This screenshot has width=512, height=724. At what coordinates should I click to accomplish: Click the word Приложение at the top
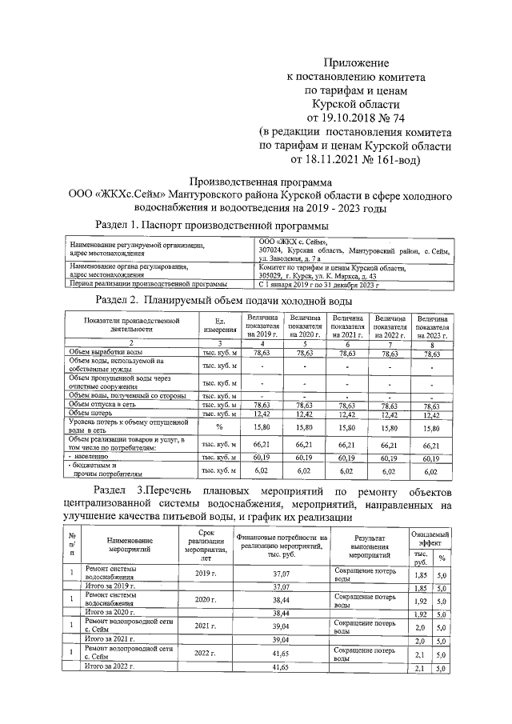[356, 62]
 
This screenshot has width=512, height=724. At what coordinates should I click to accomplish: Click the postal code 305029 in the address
[274, 275]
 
